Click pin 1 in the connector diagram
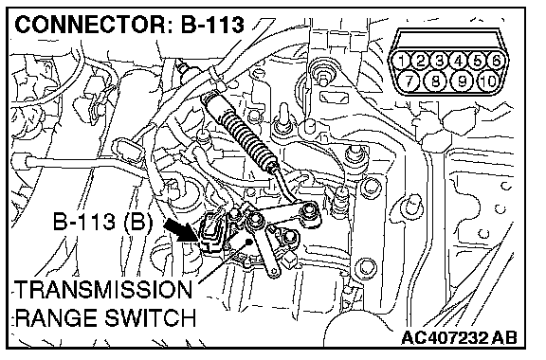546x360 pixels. pyautogui.click(x=402, y=62)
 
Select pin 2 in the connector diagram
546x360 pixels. pyautogui.click(x=421, y=62)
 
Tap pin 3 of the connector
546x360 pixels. pyautogui.click(x=440, y=62)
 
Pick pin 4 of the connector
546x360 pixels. pyautogui.click(x=458, y=62)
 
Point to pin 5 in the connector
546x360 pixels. pyautogui.click(x=477, y=62)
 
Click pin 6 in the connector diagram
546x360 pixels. pyautogui.click(x=496, y=62)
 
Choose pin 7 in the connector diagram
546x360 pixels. pyautogui.click(x=409, y=81)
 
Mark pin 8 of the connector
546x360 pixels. pyautogui.click(x=436, y=81)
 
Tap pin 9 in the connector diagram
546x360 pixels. pyautogui.click(x=462, y=81)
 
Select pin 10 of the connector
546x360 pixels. pyautogui.click(x=488, y=81)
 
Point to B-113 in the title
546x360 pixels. pyautogui.click(x=212, y=25)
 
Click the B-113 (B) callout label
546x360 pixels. pyautogui.click(x=102, y=222)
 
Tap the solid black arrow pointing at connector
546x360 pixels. pyautogui.click(x=181, y=230)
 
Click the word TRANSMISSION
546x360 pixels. pyautogui.click(x=103, y=290)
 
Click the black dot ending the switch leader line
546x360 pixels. pyautogui.click(x=248, y=241)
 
